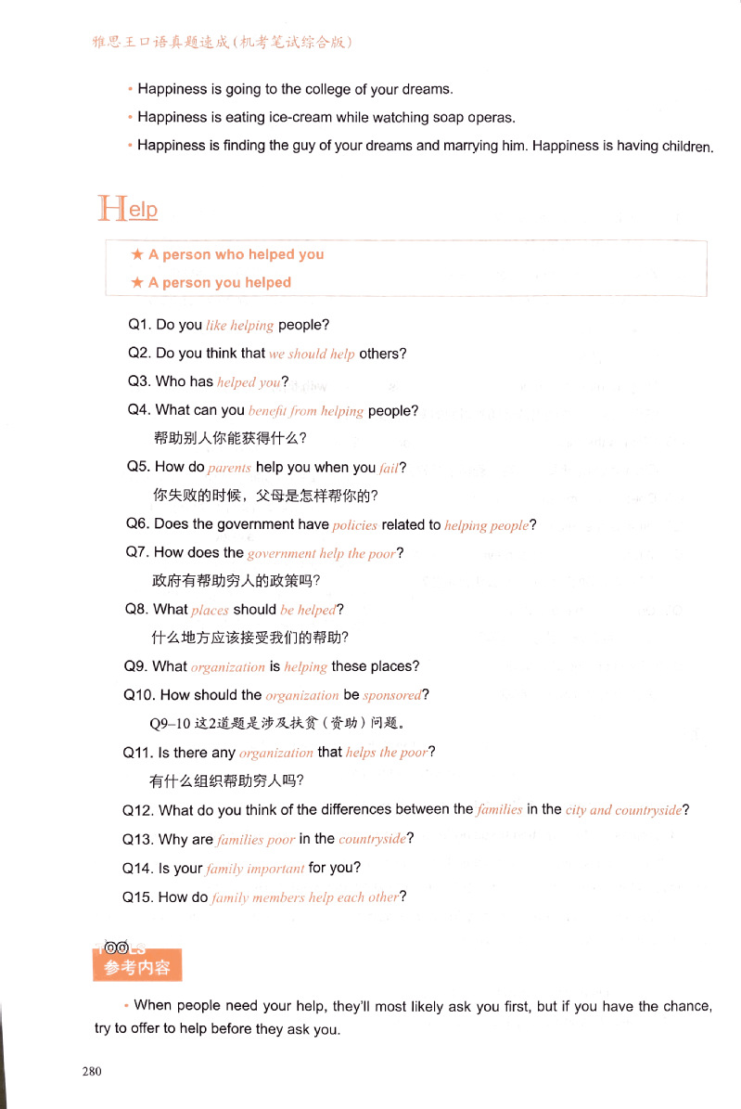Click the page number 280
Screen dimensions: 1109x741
click(91, 1071)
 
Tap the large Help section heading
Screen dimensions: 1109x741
click(128, 208)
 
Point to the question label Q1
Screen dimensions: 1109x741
click(139, 325)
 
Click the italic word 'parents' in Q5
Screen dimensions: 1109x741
click(230, 469)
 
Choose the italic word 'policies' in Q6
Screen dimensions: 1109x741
click(355, 525)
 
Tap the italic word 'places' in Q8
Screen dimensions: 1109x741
click(211, 611)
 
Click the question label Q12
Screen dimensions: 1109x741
click(138, 809)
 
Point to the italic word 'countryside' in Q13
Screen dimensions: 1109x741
click(373, 839)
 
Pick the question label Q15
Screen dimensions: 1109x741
click(138, 897)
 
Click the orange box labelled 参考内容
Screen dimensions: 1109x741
click(137, 967)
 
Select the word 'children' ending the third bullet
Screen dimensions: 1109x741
click(685, 147)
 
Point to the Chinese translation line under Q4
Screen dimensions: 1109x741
click(230, 438)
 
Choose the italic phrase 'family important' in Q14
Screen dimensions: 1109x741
click(255, 869)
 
